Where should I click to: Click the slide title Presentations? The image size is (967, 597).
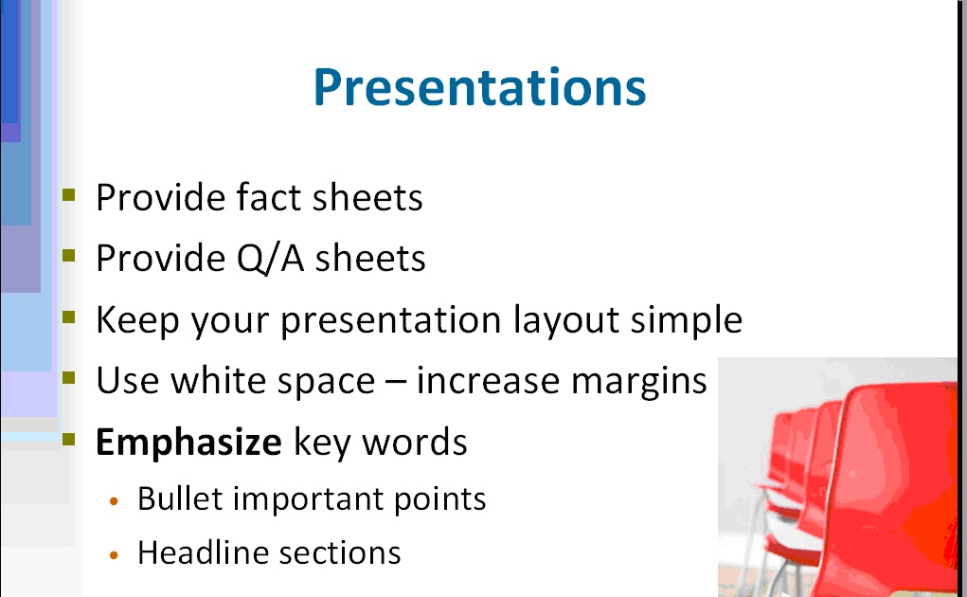(x=479, y=87)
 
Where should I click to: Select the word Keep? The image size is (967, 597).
(x=137, y=320)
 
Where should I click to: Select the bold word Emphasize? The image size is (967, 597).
(x=188, y=443)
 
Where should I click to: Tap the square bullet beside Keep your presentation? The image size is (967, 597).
(x=68, y=317)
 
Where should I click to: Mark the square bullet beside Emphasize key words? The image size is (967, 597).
(x=68, y=440)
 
